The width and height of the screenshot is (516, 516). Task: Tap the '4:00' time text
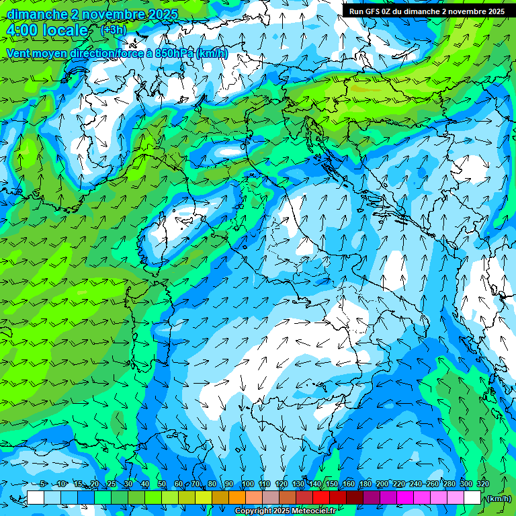click(22, 30)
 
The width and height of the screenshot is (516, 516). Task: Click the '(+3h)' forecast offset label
click(112, 30)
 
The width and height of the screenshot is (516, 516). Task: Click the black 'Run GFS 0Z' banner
click(427, 11)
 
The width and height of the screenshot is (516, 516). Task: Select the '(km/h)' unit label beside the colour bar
click(498, 499)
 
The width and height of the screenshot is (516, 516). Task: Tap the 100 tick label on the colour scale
click(247, 484)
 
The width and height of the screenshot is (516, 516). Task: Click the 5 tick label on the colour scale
click(43, 484)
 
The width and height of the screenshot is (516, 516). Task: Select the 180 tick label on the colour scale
click(365, 484)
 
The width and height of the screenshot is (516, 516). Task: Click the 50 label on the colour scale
click(161, 484)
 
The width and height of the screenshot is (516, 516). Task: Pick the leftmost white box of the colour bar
click(36, 498)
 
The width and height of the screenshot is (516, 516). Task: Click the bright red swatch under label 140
click(321, 498)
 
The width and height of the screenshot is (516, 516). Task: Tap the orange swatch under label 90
click(236, 498)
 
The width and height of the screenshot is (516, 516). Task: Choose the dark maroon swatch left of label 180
click(355, 498)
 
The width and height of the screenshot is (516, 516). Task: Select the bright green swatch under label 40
click(153, 498)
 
